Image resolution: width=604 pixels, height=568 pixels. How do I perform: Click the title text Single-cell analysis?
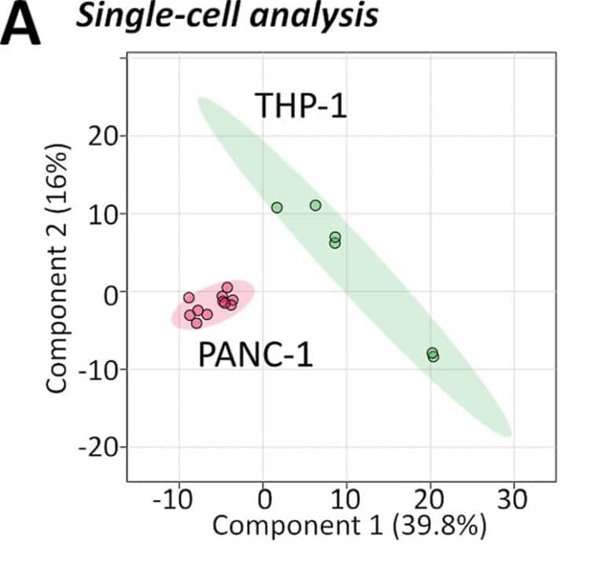[227, 17]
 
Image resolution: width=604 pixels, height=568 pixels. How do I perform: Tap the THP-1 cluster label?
[300, 105]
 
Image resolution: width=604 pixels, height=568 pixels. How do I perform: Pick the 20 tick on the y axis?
[101, 136]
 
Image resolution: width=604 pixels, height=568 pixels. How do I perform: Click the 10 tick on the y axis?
[101, 214]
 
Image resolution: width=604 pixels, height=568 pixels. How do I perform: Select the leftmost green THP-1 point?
[277, 208]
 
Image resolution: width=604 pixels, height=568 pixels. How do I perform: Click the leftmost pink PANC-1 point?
[189, 297]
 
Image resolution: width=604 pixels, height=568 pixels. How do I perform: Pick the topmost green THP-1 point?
[315, 205]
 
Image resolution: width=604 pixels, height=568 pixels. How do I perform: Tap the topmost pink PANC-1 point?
[227, 287]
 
